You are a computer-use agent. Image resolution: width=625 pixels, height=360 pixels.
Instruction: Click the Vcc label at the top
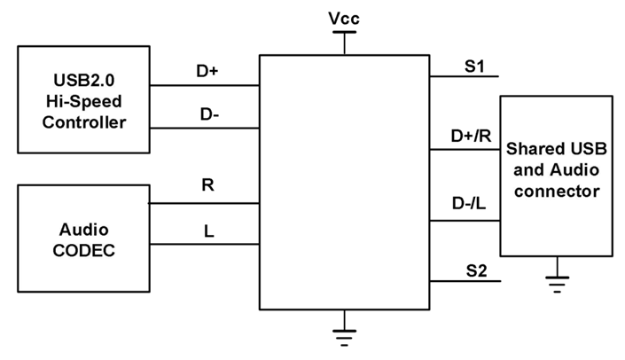coord(342,18)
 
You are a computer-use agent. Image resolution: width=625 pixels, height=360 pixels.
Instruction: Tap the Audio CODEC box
coord(83,238)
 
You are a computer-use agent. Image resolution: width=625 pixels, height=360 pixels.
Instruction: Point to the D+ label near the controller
coord(207,71)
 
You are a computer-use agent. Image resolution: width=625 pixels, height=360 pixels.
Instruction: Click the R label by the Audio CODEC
coord(208,186)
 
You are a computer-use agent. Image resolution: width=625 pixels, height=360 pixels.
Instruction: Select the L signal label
coord(208,231)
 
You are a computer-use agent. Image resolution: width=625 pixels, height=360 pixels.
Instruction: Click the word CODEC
coord(83,250)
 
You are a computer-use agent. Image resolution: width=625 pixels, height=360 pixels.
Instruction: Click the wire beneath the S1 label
coord(465,76)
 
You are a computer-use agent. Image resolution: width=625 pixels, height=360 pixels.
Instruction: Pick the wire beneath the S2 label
coord(465,281)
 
